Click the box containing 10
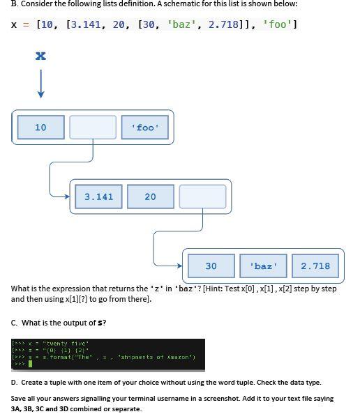click(x=40, y=128)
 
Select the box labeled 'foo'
click(x=145, y=128)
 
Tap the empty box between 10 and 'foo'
click(x=93, y=128)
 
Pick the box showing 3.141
click(x=98, y=197)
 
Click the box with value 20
click(x=151, y=197)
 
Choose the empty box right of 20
click(x=202, y=197)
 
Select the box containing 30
click(x=211, y=266)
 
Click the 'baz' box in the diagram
click(x=263, y=266)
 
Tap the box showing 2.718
click(x=315, y=266)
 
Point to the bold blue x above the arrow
click(x=40, y=56)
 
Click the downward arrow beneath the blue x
click(x=40, y=85)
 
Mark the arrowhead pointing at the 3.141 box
click(x=67, y=197)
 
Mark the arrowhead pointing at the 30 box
click(x=180, y=266)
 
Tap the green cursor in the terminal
click(x=30, y=364)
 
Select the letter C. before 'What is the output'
click(x=15, y=323)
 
